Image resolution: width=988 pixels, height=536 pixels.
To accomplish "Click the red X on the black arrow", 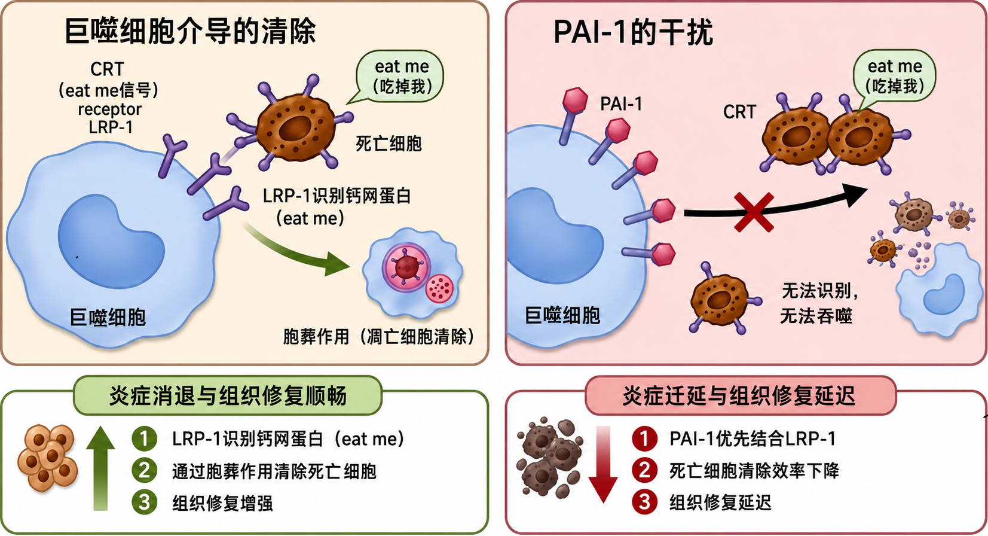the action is point(754,212).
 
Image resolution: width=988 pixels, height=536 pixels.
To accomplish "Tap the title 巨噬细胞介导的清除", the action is point(190,31).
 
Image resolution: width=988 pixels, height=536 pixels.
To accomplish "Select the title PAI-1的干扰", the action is point(633,32).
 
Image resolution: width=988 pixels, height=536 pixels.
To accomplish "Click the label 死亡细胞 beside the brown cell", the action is point(389,144).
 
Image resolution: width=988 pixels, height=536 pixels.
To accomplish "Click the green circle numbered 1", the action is point(144,438).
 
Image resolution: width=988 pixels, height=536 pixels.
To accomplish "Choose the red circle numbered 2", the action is point(644,470).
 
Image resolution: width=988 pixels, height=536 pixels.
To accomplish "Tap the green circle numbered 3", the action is point(144,502).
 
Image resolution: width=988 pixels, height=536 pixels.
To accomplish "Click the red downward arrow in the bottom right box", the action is point(603,464).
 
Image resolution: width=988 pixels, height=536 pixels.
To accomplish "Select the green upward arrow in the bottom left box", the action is point(100,468).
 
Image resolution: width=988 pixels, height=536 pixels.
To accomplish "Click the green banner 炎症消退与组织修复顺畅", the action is point(228,395).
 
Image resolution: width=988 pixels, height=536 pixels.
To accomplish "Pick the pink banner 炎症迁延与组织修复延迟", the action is point(741,395).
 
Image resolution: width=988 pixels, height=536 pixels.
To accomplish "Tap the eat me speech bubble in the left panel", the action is point(399,77).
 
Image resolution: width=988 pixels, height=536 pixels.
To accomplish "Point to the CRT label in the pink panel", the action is point(740,112).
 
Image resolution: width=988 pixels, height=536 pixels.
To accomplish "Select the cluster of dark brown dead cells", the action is point(550,458).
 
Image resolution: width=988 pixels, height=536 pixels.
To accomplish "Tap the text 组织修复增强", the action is point(222,503).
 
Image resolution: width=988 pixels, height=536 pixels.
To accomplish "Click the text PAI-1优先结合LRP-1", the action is point(753,438).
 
